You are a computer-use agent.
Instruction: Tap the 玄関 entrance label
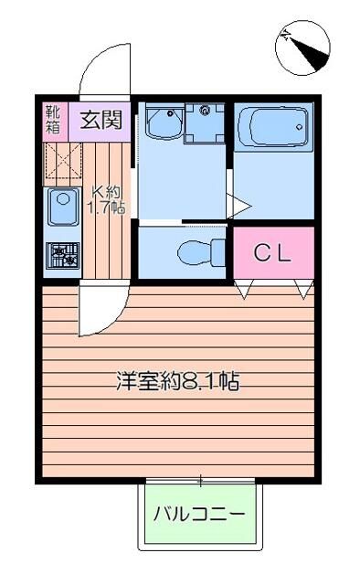tap(101, 120)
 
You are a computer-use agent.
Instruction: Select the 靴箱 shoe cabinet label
tap(53, 120)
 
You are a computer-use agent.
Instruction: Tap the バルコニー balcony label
tap(198, 514)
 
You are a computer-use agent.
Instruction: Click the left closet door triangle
tap(244, 291)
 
